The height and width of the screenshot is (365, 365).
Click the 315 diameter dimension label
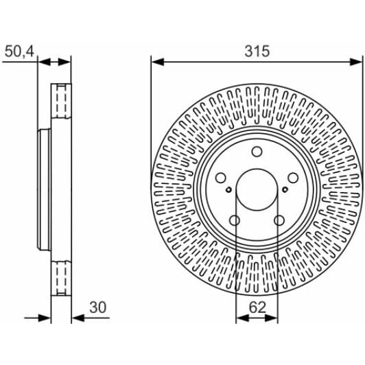(x=257, y=51)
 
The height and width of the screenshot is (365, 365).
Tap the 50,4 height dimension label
(x=19, y=51)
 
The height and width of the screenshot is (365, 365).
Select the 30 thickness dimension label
(x=97, y=307)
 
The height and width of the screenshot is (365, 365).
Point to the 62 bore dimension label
(x=257, y=307)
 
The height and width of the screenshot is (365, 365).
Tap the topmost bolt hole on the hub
(x=257, y=152)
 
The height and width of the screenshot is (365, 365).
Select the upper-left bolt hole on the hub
(x=221, y=178)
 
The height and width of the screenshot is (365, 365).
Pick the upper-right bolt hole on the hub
(x=293, y=178)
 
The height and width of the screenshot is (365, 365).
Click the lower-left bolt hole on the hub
(x=235, y=220)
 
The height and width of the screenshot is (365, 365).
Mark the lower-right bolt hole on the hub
(x=279, y=220)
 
